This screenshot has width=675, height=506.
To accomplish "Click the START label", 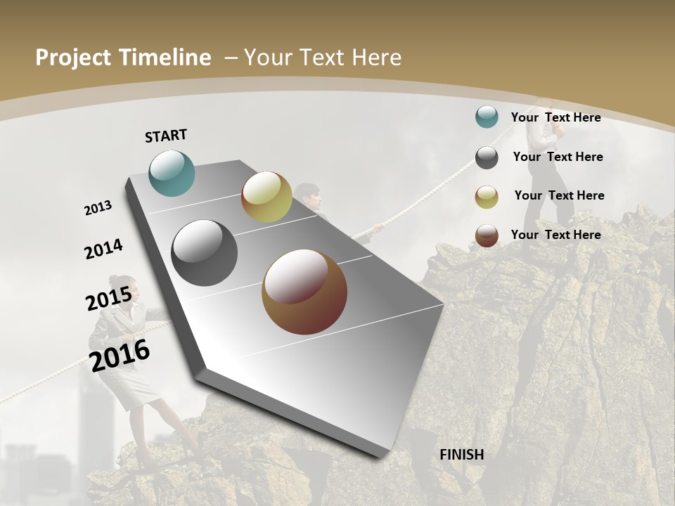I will pyautogui.click(x=166, y=136).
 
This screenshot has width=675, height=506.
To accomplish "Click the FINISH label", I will pyautogui.click(x=462, y=455).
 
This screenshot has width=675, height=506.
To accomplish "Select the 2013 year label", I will pyautogui.click(x=98, y=208).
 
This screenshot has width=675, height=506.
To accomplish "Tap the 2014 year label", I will pyautogui.click(x=104, y=249).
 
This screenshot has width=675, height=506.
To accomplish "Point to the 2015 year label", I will pyautogui.click(x=109, y=299).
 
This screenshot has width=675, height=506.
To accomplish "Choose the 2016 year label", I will pyautogui.click(x=120, y=355).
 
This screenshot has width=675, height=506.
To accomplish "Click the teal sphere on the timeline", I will pyautogui.click(x=172, y=173).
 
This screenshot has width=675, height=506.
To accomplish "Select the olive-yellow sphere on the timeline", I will pyautogui.click(x=266, y=197).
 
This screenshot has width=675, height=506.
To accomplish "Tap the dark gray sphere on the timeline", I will pyautogui.click(x=205, y=253).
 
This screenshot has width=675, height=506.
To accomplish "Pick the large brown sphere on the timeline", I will pyautogui.click(x=304, y=292).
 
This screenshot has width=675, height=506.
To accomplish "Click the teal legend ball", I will pyautogui.click(x=487, y=117).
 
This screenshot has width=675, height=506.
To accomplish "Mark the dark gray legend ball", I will pyautogui.click(x=487, y=157).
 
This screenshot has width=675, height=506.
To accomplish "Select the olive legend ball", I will pyautogui.click(x=487, y=197).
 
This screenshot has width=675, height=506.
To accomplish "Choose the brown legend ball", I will pyautogui.click(x=487, y=235).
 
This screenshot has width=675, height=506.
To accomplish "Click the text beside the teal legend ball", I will pyautogui.click(x=555, y=117).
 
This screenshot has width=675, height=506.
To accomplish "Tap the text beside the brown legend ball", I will pyautogui.click(x=555, y=235).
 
